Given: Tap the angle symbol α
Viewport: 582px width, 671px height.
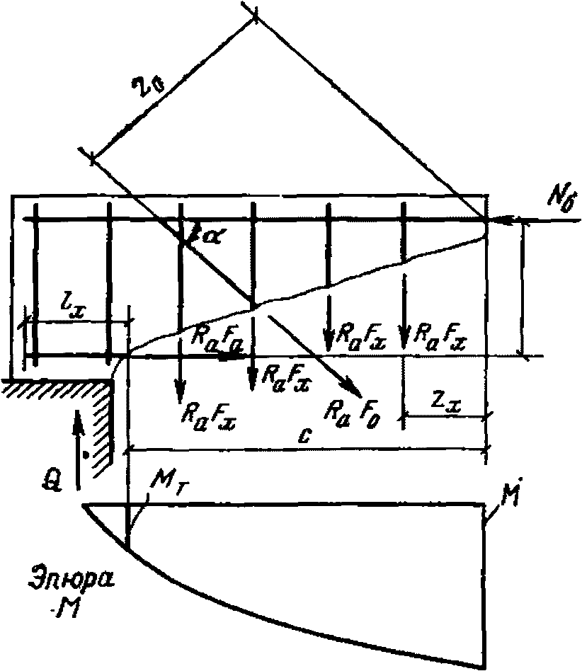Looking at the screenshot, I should click(210, 236).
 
